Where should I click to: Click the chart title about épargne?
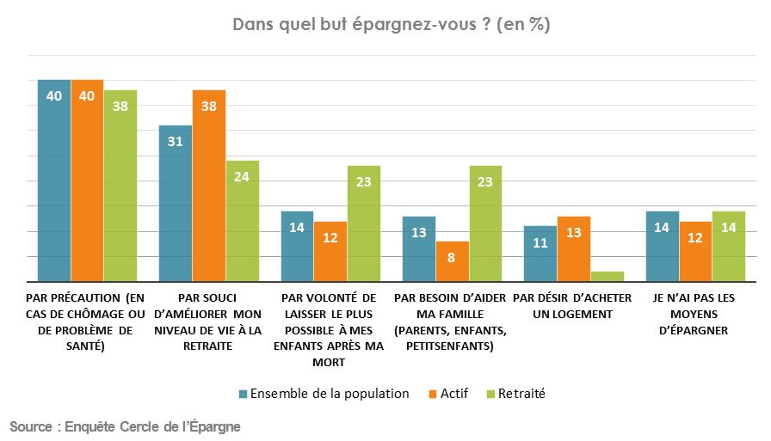pyautogui.click(x=392, y=25)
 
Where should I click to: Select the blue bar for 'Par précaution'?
pyautogui.click(x=53, y=181)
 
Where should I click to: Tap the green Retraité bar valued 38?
pyautogui.click(x=120, y=186)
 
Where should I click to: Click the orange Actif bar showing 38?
pyautogui.click(x=209, y=186)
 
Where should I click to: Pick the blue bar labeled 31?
pyautogui.click(x=176, y=204)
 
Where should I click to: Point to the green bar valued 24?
pyautogui.click(x=242, y=221)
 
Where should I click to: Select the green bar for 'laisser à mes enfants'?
pyautogui.click(x=364, y=224)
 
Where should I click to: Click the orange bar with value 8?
pyautogui.click(x=453, y=261)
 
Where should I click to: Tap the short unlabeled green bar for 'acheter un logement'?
pyautogui.click(x=608, y=276)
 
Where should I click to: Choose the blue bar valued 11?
pyautogui.click(x=541, y=254)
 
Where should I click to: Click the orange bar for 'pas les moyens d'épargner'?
pyautogui.click(x=696, y=251)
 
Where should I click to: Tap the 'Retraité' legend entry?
pyautogui.click(x=515, y=394)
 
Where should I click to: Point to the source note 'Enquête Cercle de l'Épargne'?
pyautogui.click(x=125, y=426)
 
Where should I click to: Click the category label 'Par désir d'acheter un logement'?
pyautogui.click(x=572, y=306)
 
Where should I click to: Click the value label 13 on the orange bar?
pyautogui.click(x=574, y=233)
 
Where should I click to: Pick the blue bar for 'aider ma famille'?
pyautogui.click(x=419, y=248)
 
